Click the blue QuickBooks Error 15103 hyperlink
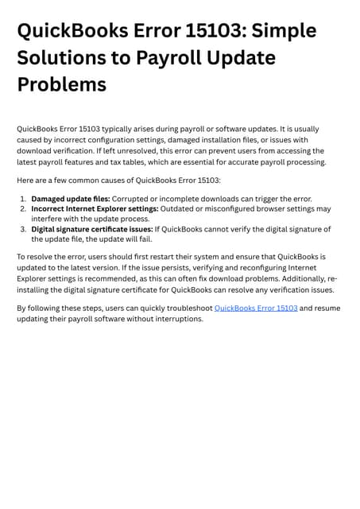256,308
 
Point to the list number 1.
23,199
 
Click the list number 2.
23,209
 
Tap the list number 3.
23,229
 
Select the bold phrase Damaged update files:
71,199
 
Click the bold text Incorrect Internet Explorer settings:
95,209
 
